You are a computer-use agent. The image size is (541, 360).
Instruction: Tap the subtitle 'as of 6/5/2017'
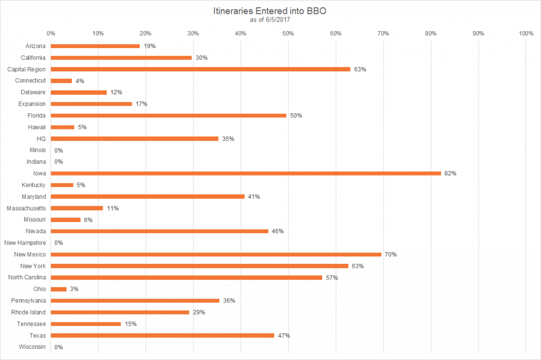(270, 20)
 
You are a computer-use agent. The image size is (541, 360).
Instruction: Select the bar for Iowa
(246, 173)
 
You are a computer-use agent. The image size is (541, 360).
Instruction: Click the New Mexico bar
(216, 254)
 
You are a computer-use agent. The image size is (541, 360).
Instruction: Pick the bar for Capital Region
(200, 69)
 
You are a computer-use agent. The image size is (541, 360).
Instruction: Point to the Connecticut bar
(61, 81)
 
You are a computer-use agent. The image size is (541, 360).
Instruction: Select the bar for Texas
(162, 335)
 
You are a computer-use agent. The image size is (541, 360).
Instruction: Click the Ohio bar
(59, 289)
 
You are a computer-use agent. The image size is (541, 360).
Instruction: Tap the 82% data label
(450, 173)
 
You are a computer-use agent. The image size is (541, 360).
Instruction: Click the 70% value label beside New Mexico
(390, 254)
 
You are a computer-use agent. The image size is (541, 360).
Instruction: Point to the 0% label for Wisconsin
(59, 347)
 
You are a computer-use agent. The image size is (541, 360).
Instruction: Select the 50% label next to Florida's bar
(296, 115)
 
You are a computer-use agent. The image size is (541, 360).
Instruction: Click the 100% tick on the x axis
(526, 33)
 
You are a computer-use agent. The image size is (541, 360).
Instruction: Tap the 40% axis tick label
(240, 33)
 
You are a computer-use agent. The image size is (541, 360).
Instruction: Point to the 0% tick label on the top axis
(51, 33)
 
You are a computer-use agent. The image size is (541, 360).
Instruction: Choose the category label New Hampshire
(25, 243)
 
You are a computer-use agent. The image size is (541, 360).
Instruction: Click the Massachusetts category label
(26, 208)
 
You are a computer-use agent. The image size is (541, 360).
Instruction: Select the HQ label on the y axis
(41, 139)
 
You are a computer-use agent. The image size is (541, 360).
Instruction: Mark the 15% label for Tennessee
(130, 324)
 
